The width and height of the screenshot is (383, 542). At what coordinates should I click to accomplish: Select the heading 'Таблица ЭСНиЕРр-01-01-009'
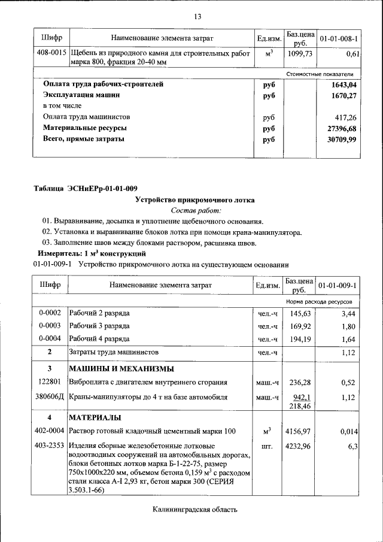[85, 189]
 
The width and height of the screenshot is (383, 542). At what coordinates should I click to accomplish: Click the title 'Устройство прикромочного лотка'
[195, 200]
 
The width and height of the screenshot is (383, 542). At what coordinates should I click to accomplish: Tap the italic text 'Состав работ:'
[196, 211]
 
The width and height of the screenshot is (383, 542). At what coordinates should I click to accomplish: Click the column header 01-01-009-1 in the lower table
[338, 285]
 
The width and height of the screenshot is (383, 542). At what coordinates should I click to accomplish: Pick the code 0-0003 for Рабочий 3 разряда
[50, 326]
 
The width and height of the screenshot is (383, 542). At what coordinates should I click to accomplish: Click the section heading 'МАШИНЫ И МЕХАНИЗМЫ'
[121, 368]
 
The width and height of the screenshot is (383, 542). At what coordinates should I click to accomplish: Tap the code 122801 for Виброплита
[50, 382]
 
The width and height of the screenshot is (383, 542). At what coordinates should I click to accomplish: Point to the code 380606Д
[50, 397]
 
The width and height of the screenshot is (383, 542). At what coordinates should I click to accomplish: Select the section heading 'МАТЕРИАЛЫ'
[95, 417]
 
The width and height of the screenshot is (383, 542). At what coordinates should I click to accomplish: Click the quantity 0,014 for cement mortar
[348, 431]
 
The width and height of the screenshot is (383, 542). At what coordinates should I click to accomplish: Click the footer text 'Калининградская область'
[195, 510]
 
